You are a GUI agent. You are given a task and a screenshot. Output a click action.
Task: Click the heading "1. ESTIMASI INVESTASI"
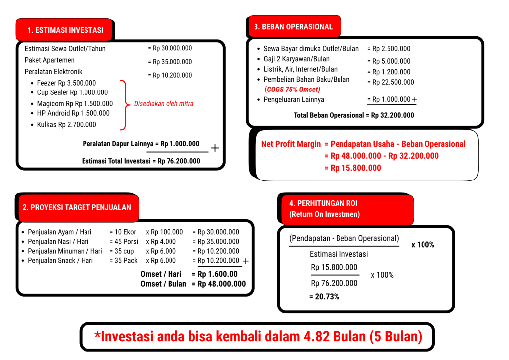(x=65, y=30)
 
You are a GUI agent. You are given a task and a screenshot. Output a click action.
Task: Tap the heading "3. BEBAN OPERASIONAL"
(x=293, y=27)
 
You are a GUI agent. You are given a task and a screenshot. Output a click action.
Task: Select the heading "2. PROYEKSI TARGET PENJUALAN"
(x=77, y=207)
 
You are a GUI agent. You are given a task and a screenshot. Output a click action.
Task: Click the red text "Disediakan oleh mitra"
(x=164, y=104)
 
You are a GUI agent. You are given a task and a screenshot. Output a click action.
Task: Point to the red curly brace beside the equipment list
(x=124, y=105)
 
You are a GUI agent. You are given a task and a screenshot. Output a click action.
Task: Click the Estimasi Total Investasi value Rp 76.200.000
(x=179, y=161)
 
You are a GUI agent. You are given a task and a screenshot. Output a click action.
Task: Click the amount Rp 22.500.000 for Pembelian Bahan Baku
(x=393, y=82)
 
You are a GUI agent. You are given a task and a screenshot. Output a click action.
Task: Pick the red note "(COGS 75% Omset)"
(x=292, y=90)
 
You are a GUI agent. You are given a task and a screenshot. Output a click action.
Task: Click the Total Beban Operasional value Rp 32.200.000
(x=393, y=115)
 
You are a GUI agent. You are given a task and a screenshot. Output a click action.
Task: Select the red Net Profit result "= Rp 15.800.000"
(x=352, y=168)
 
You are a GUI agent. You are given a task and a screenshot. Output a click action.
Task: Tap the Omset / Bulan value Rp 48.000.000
(x=222, y=284)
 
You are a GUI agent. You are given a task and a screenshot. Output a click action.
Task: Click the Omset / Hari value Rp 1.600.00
(x=218, y=274)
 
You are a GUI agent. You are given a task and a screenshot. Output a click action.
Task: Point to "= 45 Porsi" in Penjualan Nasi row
(x=124, y=242)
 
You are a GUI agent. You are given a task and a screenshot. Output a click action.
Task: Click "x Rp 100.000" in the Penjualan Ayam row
(x=164, y=232)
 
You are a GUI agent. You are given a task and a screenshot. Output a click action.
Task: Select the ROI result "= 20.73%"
(x=324, y=297)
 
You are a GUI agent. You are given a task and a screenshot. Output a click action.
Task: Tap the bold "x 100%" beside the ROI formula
(x=423, y=245)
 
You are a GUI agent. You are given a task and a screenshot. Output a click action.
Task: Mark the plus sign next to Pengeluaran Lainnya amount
(x=414, y=99)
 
